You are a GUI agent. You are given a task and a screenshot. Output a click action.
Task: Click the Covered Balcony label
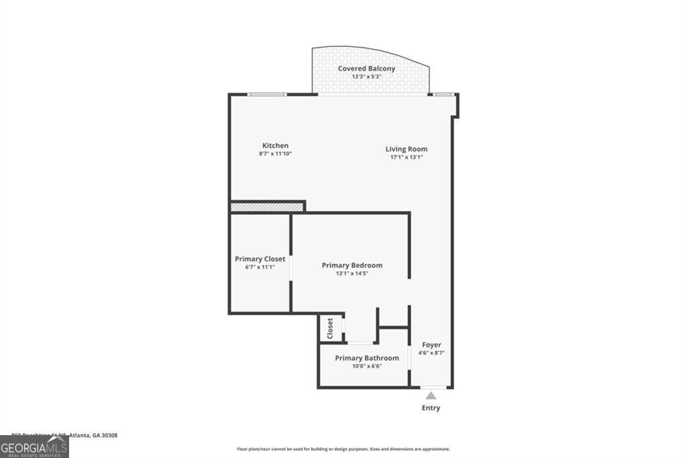(366, 68)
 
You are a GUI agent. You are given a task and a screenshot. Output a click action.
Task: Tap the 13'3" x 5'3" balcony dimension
(366, 77)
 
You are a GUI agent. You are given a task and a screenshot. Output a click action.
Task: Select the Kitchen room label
(275, 146)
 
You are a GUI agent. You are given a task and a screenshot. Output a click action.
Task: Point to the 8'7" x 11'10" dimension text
(275, 154)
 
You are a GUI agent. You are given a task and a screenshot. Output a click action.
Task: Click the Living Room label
(406, 149)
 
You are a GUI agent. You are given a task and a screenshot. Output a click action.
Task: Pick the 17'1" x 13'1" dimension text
(406, 157)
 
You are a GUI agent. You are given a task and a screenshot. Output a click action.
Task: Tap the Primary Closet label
(260, 259)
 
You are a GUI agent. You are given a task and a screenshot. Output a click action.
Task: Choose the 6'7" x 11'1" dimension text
(260, 267)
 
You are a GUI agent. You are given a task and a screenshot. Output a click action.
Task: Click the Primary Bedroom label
(352, 265)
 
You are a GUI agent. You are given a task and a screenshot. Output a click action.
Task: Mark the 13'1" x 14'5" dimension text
(352, 273)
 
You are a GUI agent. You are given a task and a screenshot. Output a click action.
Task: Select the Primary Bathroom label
(366, 358)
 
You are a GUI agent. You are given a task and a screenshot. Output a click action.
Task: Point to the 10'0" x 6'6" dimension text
(366, 366)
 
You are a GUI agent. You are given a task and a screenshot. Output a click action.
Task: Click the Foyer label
(431, 345)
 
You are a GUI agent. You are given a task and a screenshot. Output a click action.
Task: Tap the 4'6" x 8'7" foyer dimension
(431, 353)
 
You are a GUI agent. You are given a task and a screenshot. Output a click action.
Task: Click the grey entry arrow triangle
(431, 396)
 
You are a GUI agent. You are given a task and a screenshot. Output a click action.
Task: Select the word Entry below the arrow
(431, 408)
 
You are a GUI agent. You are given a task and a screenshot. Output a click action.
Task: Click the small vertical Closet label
(330, 328)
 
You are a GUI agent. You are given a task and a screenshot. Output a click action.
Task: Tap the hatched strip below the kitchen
(266, 208)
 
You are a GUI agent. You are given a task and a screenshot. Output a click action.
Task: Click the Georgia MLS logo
(34, 447)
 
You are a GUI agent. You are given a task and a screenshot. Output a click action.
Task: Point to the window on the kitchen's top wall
(267, 94)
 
